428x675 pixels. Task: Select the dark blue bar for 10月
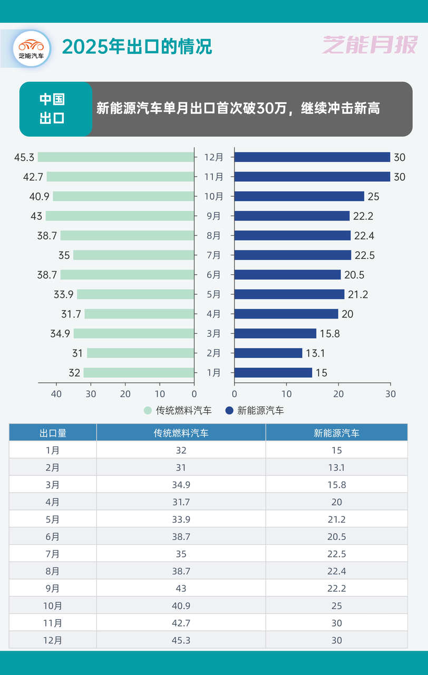pos(299,196)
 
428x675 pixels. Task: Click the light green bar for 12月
pos(116,157)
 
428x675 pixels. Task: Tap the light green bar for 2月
pos(140,353)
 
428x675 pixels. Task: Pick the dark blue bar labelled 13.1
pos(268,353)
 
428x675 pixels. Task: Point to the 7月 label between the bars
pos(213,255)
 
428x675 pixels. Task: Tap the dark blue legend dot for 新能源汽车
pos(229,410)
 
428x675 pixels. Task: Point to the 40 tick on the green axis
pos(56,394)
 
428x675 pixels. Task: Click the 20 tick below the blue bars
pos(338,394)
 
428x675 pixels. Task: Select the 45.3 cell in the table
pos(181,640)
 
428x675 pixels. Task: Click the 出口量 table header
pos(53,433)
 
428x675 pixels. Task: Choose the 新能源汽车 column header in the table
pos(336,433)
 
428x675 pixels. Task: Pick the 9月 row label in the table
pos(53,589)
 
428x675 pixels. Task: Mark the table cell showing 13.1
pos(336,468)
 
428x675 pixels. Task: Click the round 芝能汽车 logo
pos(32,49)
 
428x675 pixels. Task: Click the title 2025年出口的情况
pos(137,47)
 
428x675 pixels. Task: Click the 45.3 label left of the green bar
pos(24,157)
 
